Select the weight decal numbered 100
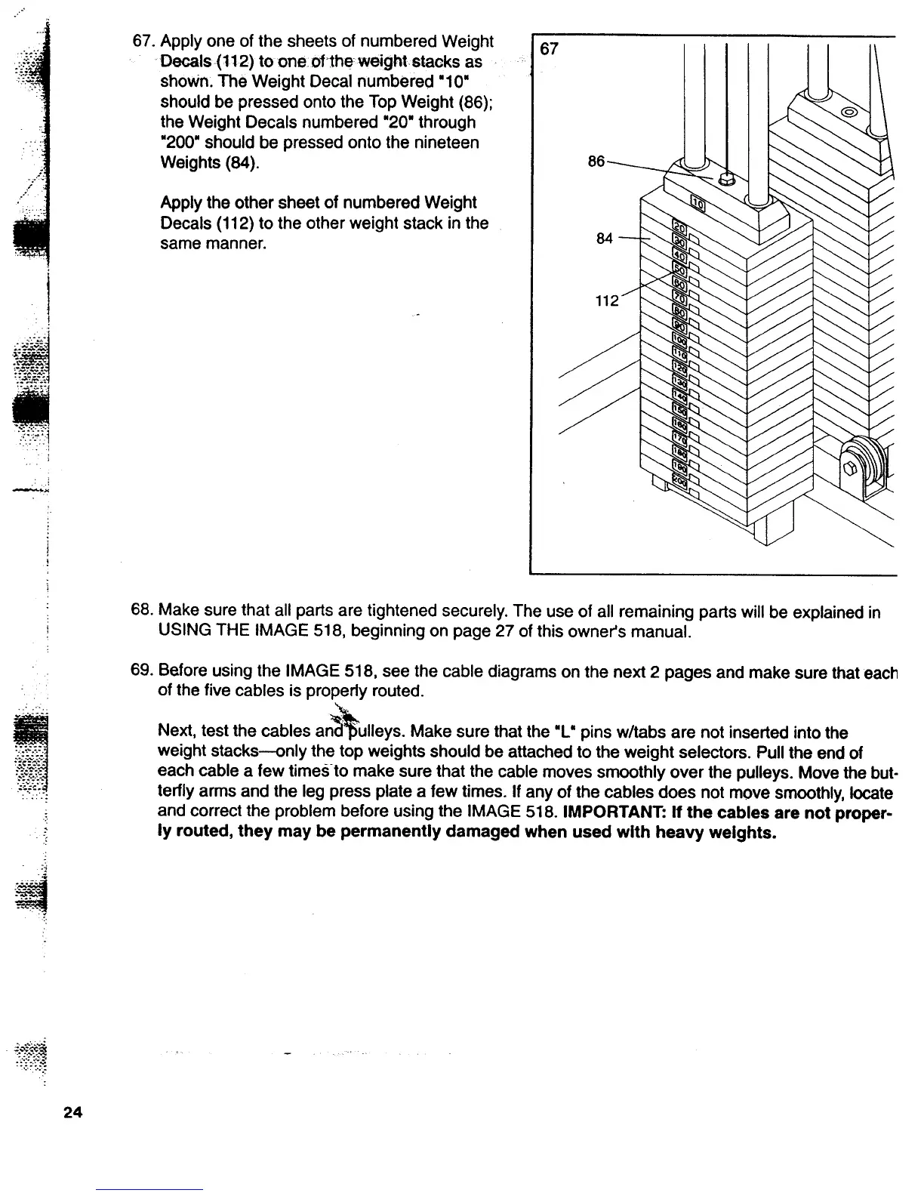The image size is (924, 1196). coord(679,339)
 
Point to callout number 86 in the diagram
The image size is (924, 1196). coord(596,162)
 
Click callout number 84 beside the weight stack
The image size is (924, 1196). coord(604,239)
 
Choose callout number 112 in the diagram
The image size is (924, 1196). coord(607,301)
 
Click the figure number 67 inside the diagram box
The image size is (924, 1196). coord(550,50)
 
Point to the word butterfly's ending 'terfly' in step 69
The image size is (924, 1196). coord(180,793)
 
